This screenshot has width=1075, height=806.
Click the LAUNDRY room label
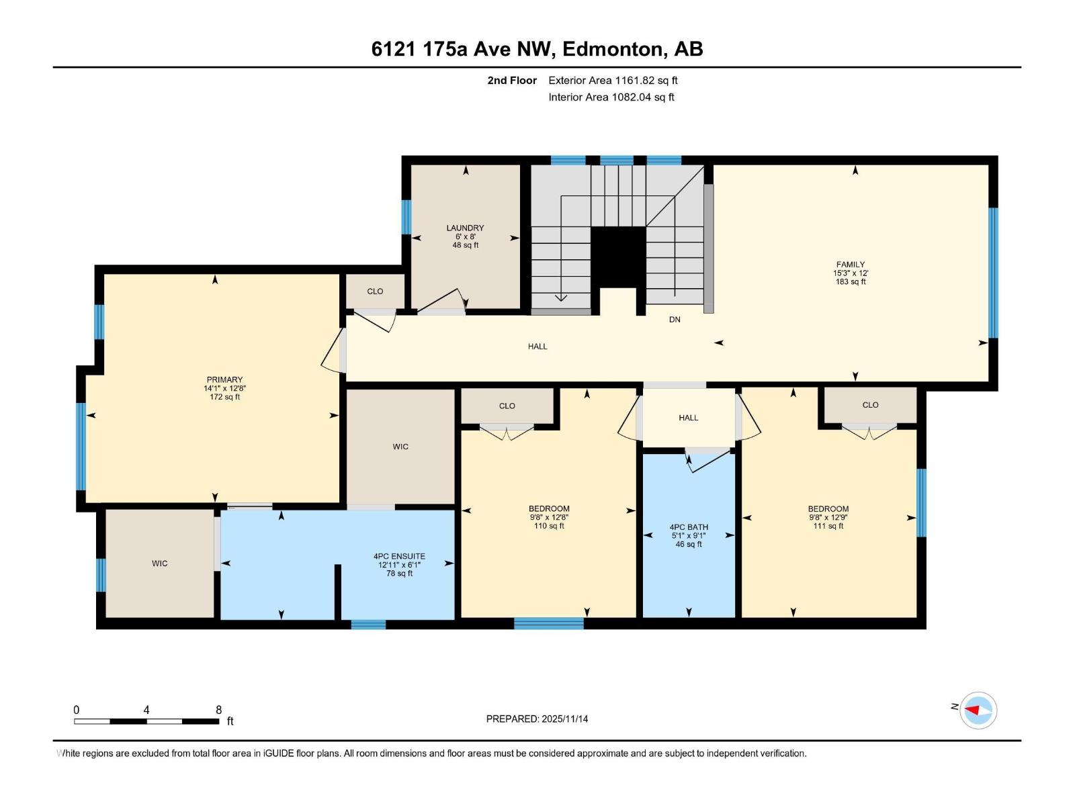pos(465,228)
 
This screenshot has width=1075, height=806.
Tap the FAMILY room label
pos(850,265)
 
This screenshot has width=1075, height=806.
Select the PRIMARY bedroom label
pos(224,380)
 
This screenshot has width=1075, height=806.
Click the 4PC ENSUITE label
pos(399,557)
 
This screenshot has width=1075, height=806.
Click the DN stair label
pos(675,320)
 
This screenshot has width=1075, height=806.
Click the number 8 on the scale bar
pos(218,710)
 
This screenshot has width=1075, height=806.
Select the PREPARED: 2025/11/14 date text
pos(537,719)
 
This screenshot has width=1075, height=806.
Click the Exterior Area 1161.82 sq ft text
pos(613,81)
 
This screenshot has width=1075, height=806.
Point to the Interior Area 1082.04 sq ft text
pos(611,97)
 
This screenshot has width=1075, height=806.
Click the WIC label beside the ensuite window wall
pos(159,564)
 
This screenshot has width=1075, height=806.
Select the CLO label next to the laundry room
pos(375,292)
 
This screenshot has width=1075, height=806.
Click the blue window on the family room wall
pos(992,272)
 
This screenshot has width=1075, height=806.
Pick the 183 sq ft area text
pos(850,282)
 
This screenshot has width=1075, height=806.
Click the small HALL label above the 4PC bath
pos(688,418)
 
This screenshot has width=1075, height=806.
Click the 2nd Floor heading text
pos(512,81)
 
